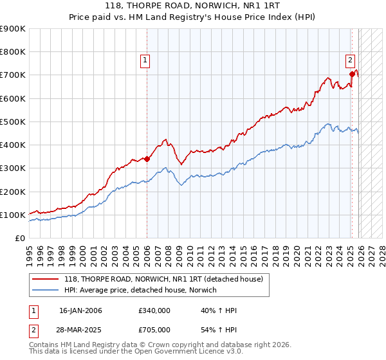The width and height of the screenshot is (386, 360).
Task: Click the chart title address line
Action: tap(193, 6)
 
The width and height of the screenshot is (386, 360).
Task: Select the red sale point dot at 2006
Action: tap(147, 159)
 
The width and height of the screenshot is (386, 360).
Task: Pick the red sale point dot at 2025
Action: tap(352, 74)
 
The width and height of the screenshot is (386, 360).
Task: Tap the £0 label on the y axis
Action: tap(19, 238)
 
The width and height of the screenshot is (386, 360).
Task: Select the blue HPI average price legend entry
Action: tap(140, 290)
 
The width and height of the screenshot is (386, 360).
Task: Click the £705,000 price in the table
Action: tap(154, 330)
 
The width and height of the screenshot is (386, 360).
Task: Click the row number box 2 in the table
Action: tap(33, 330)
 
